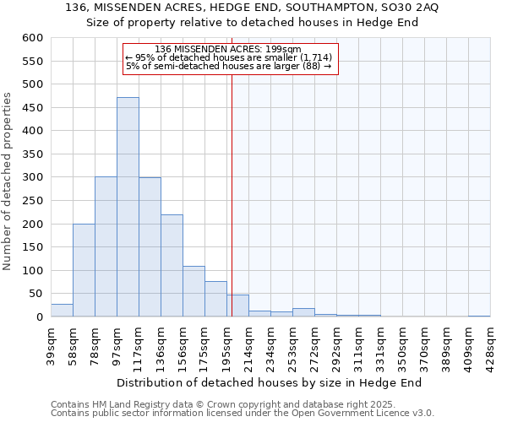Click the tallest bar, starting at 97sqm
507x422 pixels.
coord(128,207)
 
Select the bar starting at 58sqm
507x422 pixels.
coord(84,270)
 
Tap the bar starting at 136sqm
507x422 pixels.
coord(172,266)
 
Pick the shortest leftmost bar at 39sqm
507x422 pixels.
coord(62,311)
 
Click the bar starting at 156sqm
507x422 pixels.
coord(194,292)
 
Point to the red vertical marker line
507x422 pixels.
coord(231,194)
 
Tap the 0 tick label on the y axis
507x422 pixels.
coord(39,317)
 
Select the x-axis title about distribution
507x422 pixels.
coord(269,382)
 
